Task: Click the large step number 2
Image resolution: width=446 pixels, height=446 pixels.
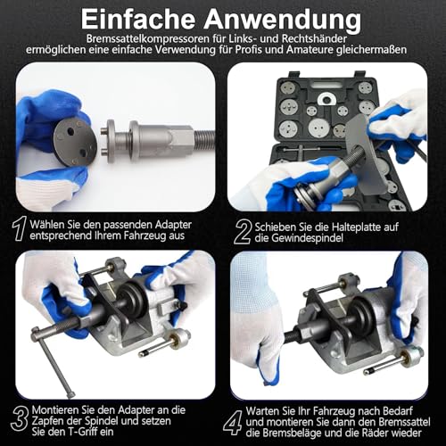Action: point(240,229)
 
